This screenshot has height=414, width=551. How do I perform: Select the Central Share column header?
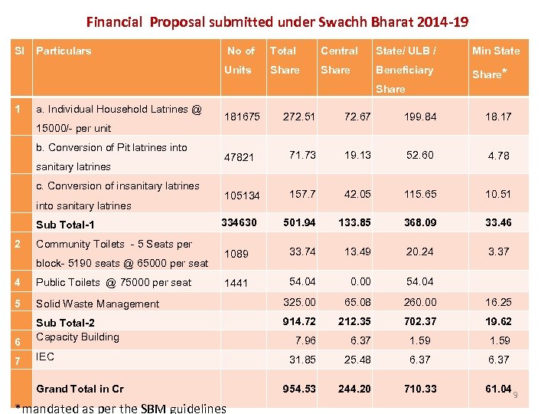pyautogui.click(x=339, y=61)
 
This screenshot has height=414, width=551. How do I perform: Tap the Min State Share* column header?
pyautogui.click(x=495, y=61)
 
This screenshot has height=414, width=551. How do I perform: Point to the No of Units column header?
pyautogui.click(x=240, y=61)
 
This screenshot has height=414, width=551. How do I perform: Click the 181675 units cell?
pyautogui.click(x=242, y=117)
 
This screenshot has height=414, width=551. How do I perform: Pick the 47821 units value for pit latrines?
pyautogui.click(x=240, y=156)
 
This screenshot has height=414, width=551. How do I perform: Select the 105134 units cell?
pyautogui.click(x=242, y=195)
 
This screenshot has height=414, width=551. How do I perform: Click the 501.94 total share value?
pyautogui.click(x=298, y=223)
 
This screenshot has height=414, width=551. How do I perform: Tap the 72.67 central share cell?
pyautogui.click(x=357, y=117)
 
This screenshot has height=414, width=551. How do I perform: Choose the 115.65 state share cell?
pyautogui.click(x=421, y=195)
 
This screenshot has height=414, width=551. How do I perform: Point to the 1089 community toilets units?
pyautogui.click(x=236, y=254)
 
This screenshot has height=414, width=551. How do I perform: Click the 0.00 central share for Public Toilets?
pyautogui.click(x=357, y=282)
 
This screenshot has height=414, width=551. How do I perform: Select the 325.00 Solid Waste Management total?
pyautogui.click(x=298, y=302)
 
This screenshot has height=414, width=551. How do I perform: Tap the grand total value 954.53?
pyautogui.click(x=298, y=389)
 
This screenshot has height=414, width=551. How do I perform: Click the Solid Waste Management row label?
pyautogui.click(x=97, y=304)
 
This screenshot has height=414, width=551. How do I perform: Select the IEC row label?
pyautogui.click(x=45, y=357)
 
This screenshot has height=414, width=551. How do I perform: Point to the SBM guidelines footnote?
pyautogui.click(x=120, y=408)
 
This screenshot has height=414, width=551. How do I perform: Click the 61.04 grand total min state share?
pyautogui.click(x=498, y=389)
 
